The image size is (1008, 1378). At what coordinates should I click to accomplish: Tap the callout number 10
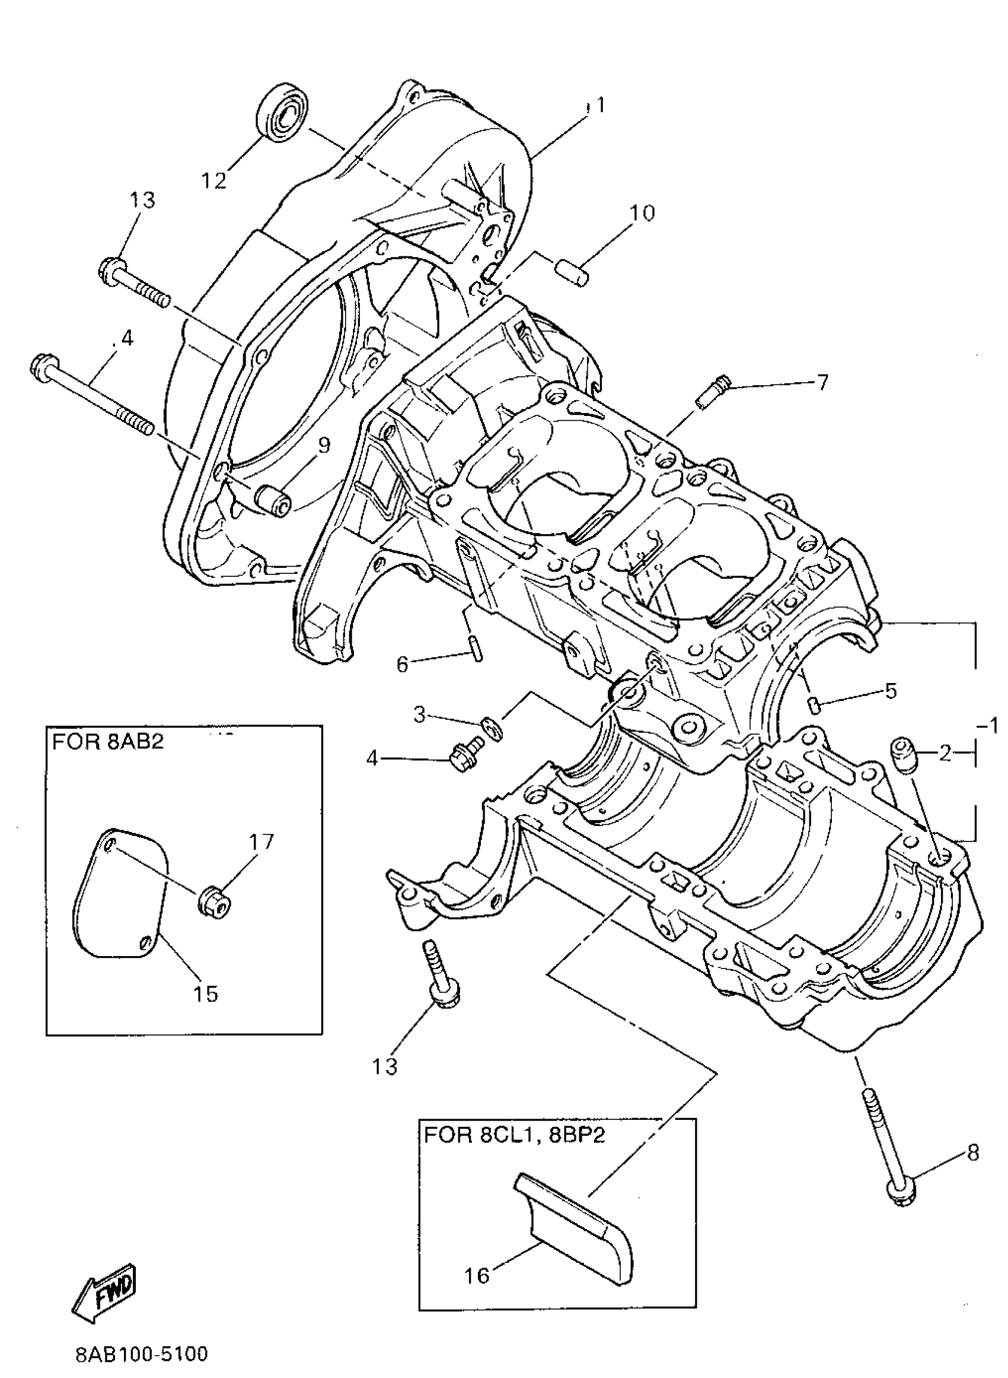pos(642,213)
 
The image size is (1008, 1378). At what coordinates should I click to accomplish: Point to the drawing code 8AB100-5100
pos(142,1354)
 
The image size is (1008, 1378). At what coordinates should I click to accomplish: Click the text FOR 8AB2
pos(108,742)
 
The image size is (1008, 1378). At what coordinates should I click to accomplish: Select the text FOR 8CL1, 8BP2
pos(516,1135)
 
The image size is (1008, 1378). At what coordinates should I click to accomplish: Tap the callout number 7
pos(822,382)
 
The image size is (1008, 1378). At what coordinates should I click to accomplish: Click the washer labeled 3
pos(489,727)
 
